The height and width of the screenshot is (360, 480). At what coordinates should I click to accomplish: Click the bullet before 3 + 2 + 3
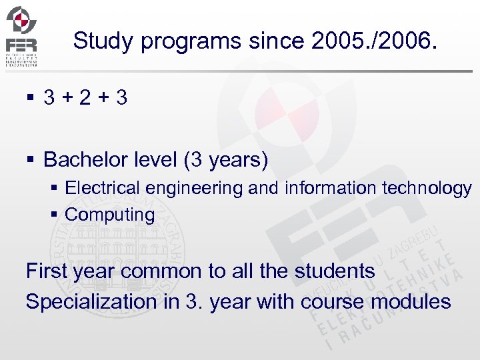click(x=29, y=99)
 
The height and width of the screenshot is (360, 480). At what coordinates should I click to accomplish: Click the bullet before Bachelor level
click(x=30, y=161)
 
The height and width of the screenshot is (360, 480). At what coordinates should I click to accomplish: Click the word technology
click(x=427, y=189)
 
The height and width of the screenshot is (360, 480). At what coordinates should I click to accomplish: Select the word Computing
click(x=110, y=215)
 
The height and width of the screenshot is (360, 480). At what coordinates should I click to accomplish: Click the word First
click(x=49, y=271)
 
